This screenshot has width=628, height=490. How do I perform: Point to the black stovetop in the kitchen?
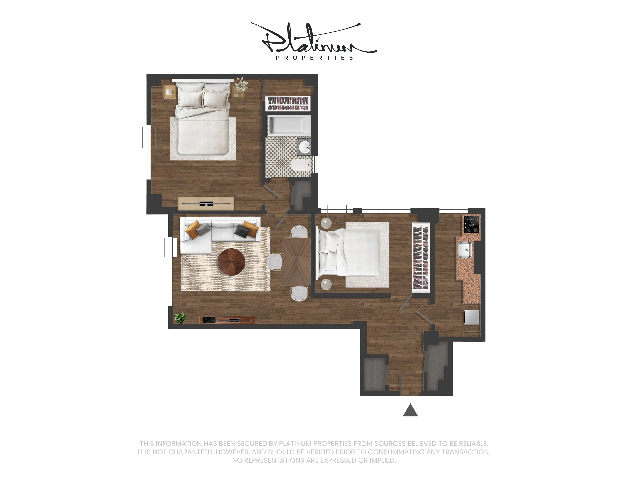click(472, 224)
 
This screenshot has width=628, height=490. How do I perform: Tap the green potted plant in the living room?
click(180, 318)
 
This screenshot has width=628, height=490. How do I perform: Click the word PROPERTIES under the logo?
click(314, 58)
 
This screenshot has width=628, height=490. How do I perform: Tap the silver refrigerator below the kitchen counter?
click(472, 317)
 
